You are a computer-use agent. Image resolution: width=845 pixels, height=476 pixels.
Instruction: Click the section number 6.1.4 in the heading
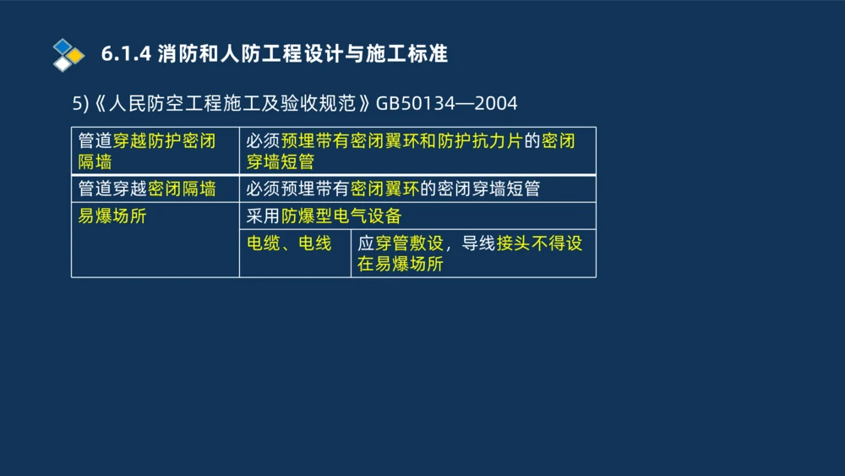(125, 55)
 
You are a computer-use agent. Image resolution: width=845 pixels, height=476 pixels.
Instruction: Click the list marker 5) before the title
(80, 104)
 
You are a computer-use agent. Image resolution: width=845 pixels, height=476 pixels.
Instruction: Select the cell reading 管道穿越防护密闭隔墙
(147, 150)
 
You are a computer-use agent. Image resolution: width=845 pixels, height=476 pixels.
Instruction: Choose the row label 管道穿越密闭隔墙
(147, 189)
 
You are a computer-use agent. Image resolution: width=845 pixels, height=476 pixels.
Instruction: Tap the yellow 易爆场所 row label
(112, 216)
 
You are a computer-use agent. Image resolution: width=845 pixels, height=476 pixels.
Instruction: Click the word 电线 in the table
(314, 243)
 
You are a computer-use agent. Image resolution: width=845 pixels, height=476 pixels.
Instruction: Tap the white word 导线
(478, 243)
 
